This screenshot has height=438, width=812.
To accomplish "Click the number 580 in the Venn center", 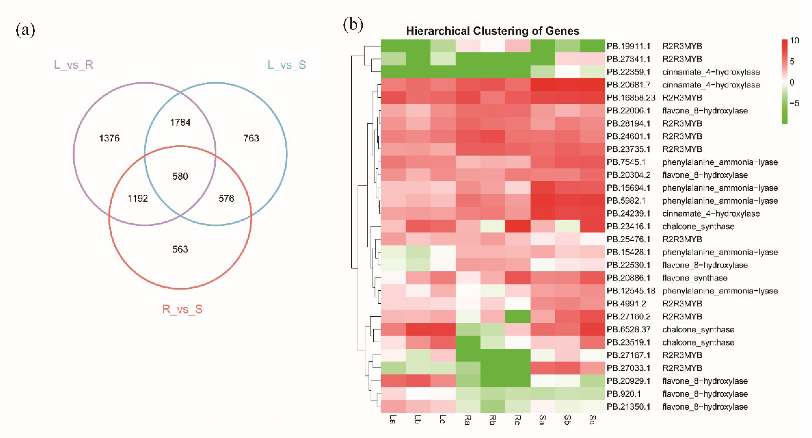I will (x=180, y=176).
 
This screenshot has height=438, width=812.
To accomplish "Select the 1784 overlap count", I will (x=180, y=122).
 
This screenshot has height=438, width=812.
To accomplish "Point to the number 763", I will (x=251, y=138).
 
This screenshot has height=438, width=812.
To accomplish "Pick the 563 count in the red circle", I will (x=180, y=250).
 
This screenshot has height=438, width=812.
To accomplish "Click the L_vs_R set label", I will (x=73, y=65).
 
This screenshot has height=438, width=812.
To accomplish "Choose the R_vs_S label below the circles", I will (x=182, y=309).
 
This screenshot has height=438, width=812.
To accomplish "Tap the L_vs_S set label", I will (x=286, y=65).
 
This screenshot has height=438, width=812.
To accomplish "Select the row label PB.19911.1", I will (x=628, y=46).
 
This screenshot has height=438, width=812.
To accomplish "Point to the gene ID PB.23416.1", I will (x=628, y=226).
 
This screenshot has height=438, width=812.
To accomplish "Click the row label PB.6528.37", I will (x=628, y=329).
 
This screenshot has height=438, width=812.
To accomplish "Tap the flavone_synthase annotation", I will (x=695, y=278).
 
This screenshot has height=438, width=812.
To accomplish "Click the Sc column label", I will (x=592, y=420).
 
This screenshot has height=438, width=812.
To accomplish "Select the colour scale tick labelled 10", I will (x=794, y=41).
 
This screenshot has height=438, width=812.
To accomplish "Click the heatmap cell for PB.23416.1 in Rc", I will (x=518, y=226).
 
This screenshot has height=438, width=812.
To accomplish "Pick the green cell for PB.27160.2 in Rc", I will (x=518, y=316).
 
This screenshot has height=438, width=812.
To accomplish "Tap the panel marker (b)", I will (x=353, y=25).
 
